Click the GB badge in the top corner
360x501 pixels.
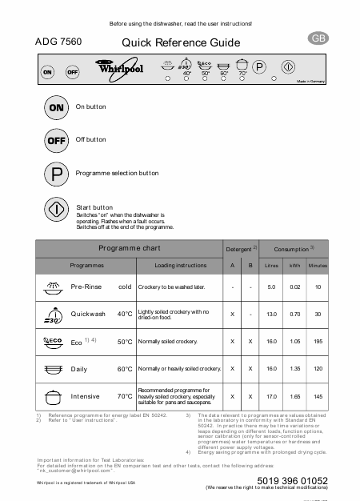pyautogui.click(x=318, y=38)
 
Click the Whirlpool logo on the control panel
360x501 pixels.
pyautogui.click(x=113, y=70)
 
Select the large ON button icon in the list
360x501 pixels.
pyautogui.click(x=57, y=106)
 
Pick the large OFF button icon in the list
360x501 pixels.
pyautogui.click(x=57, y=139)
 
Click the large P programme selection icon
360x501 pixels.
pyautogui.click(x=57, y=173)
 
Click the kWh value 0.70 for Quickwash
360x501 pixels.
pyautogui.click(x=294, y=314)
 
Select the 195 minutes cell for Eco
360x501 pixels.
pyautogui.click(x=318, y=341)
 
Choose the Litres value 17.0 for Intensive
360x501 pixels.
pyautogui.click(x=271, y=396)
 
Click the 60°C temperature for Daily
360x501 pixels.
pyautogui.click(x=125, y=369)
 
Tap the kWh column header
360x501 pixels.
pyautogui.click(x=294, y=265)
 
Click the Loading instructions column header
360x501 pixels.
pyautogui.click(x=180, y=265)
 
